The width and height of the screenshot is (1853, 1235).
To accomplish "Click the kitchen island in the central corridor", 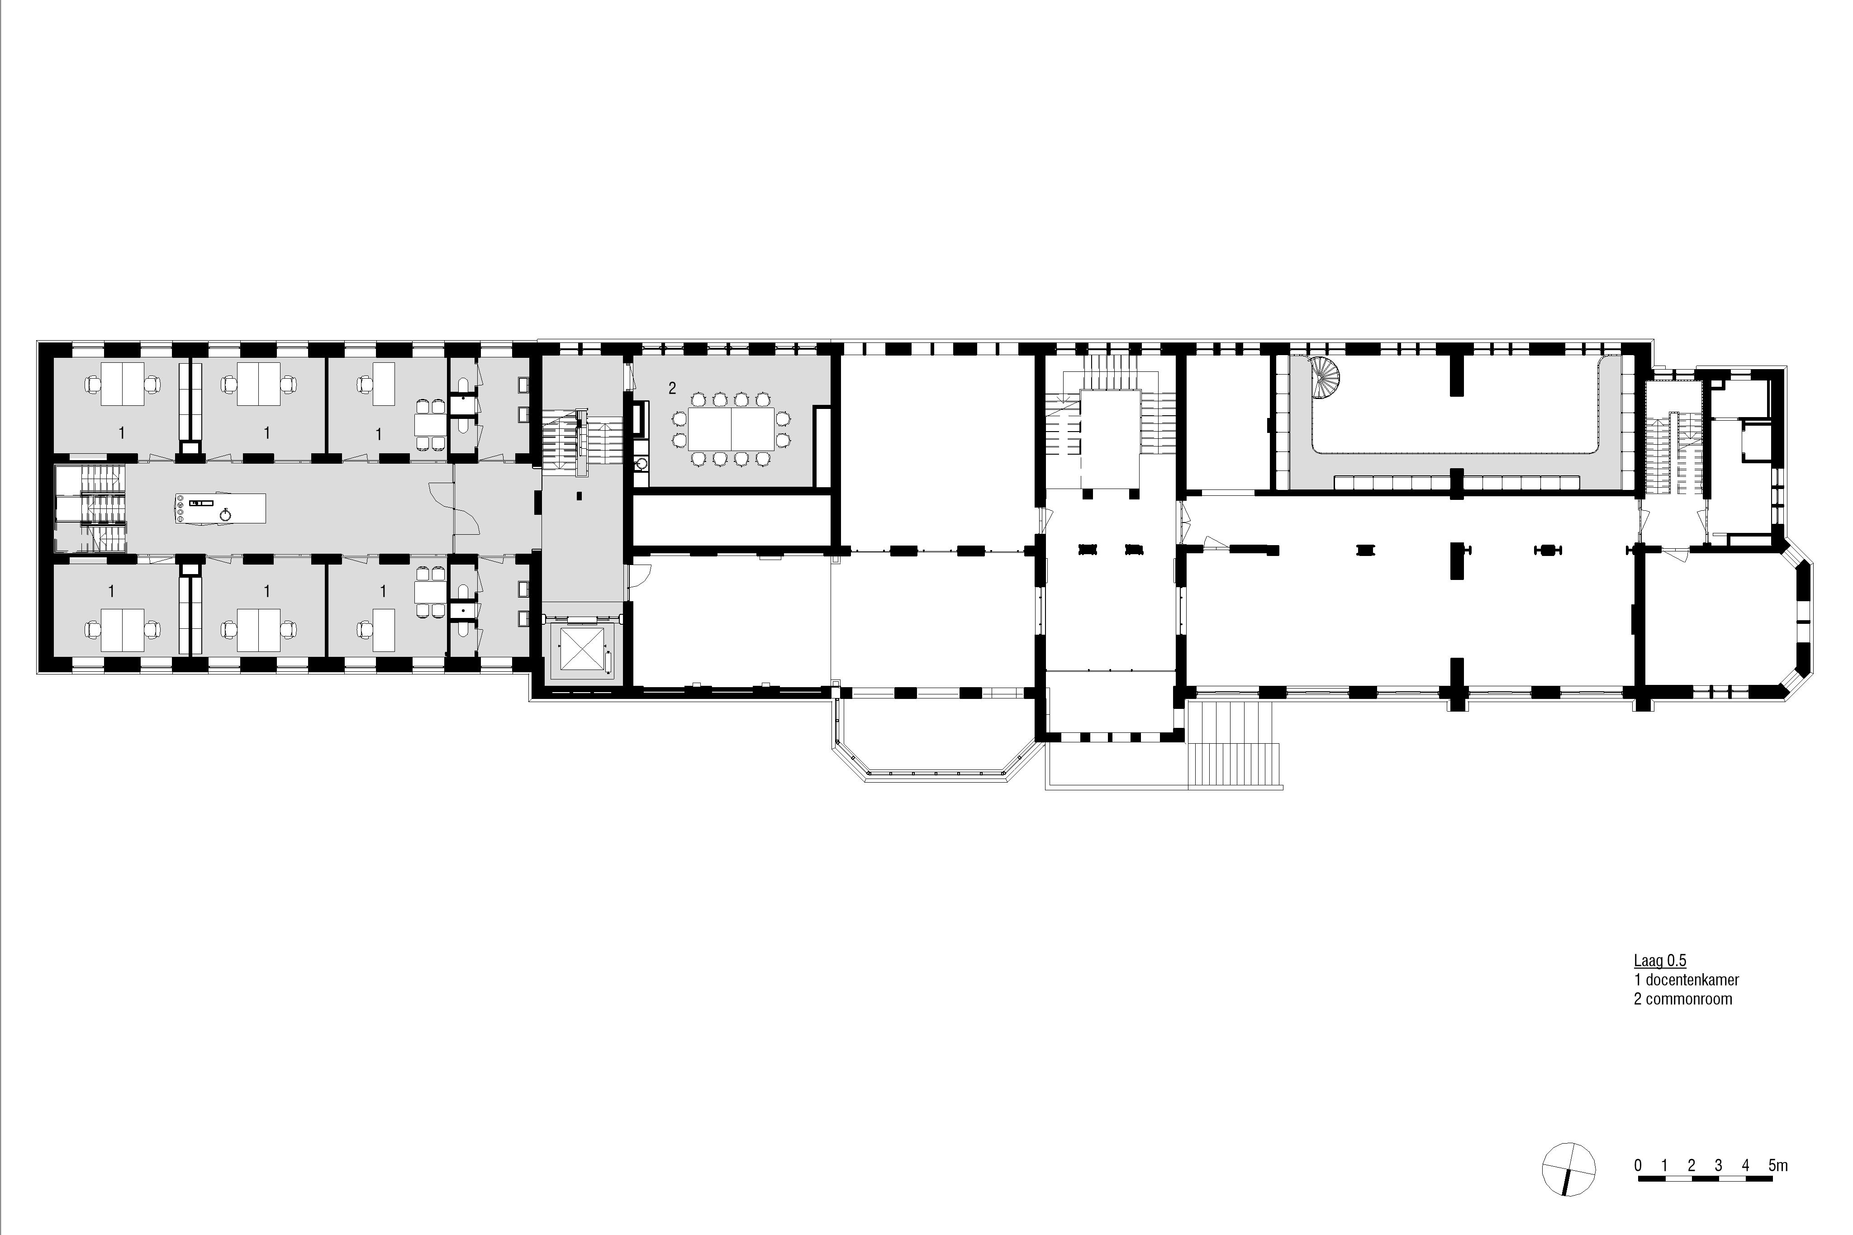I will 220,509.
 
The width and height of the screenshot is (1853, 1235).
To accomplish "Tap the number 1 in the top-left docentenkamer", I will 121,432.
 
